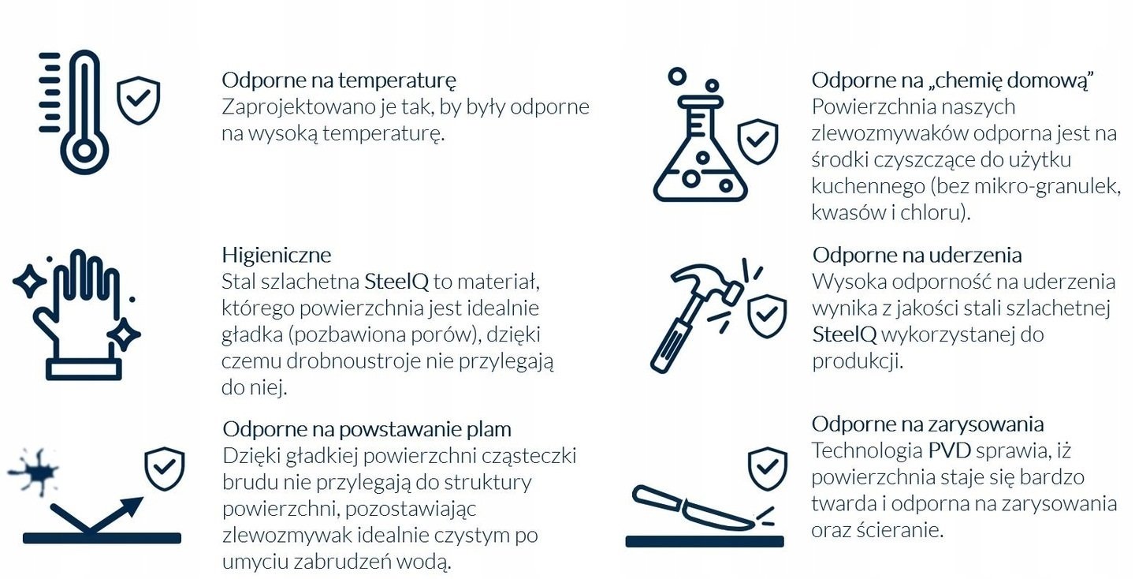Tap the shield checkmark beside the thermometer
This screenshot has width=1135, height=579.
coord(138,100)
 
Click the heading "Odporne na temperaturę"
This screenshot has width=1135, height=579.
coord(339,80)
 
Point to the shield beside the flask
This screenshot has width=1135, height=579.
coord(757,141)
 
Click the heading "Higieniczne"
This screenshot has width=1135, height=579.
coord(276,255)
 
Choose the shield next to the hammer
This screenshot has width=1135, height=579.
coord(766,316)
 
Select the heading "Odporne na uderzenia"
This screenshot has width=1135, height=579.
coord(917,255)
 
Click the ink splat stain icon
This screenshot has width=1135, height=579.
coord(35,472)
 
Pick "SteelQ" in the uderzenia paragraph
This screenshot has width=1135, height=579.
coord(844,334)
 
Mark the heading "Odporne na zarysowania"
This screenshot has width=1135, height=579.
coord(928,424)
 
